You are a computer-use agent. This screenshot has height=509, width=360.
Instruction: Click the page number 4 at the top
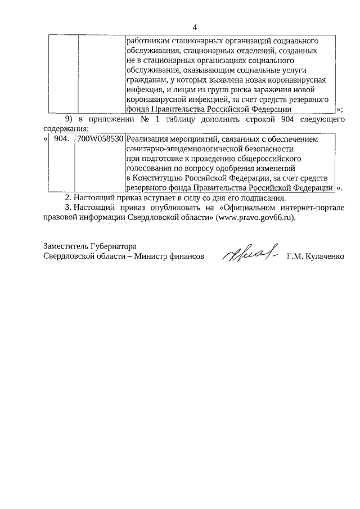click(x=195, y=27)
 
